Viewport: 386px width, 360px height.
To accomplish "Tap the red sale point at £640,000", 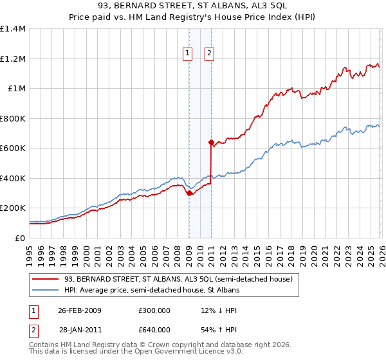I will (x=210, y=142).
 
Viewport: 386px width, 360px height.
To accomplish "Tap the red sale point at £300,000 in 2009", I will (x=189, y=193).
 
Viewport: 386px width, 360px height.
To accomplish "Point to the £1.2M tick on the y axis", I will (x=14, y=59).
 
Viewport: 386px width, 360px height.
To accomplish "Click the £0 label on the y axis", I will (x=19, y=238).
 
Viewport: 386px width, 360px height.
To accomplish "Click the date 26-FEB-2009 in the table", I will (x=79, y=310).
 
